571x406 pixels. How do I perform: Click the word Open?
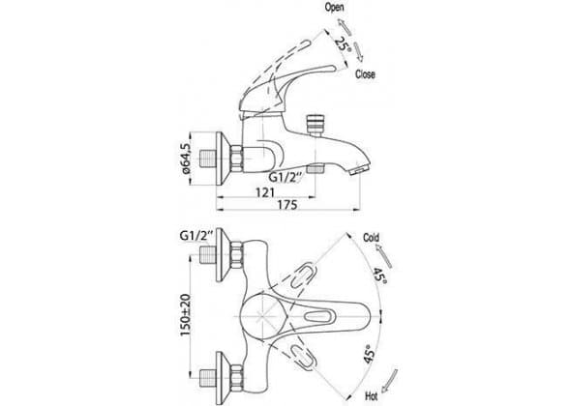tap(335, 8)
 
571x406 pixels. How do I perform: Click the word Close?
tap(365, 74)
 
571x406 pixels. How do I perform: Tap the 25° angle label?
tap(344, 45)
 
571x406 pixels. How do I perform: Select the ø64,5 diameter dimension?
tap(185, 159)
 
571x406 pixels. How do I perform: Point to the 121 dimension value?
tap(265, 192)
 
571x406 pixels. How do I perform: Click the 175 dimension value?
tap(287, 205)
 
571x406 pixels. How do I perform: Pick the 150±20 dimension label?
tap(186, 315)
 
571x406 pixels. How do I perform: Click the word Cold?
tap(371, 238)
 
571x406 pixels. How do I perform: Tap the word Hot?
tap(371, 395)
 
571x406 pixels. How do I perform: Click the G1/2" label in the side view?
tap(285, 177)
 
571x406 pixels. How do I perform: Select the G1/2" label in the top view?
tap(195, 235)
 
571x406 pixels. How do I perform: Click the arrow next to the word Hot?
tap(388, 380)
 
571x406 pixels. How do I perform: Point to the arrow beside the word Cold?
tap(384, 256)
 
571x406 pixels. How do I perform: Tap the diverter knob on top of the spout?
tap(314, 126)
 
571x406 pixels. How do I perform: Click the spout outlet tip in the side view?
tap(359, 169)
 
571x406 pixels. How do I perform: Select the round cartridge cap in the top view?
tap(260, 315)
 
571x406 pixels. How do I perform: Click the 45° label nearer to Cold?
tap(378, 276)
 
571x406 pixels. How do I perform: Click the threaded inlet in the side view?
tap(207, 159)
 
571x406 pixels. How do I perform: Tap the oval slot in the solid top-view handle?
tap(319, 316)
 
